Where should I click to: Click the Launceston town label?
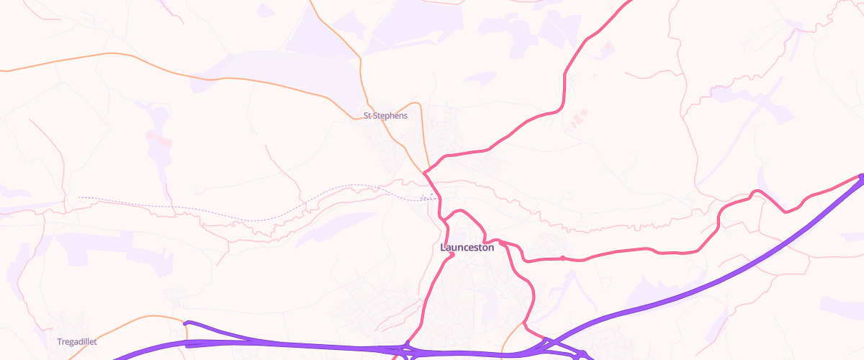tap(467, 247)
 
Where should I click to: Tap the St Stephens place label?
tap(385, 115)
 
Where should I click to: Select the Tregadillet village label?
tap(77, 341)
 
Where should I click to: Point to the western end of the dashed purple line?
tap(79, 197)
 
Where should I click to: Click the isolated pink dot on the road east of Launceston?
tap(562, 258)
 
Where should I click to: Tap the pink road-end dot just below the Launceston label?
tap(452, 254)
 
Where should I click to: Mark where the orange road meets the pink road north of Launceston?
tap(426, 172)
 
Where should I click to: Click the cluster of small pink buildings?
tap(578, 117)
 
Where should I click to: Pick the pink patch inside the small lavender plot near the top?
tap(606, 49)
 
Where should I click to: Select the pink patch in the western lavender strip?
tap(158, 137)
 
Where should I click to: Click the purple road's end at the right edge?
tap(861, 176)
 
